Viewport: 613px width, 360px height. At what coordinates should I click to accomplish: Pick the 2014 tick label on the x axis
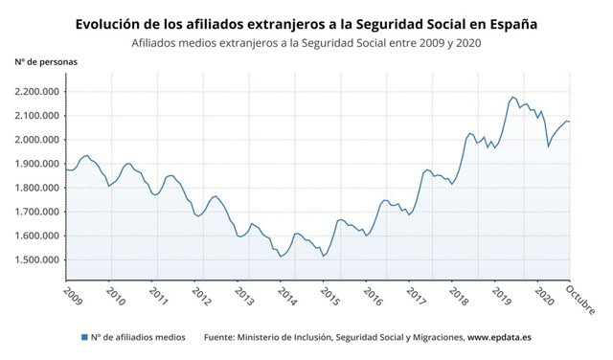[x=287, y=293]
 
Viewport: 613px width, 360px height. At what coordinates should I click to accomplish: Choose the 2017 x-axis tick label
[x=416, y=293]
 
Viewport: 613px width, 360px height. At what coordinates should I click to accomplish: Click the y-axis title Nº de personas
[x=46, y=61]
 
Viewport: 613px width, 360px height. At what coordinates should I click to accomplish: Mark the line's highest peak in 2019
[x=513, y=97]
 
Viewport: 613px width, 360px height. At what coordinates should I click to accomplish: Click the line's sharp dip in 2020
[x=548, y=146]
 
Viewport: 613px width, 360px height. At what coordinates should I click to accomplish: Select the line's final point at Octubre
[x=570, y=122]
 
